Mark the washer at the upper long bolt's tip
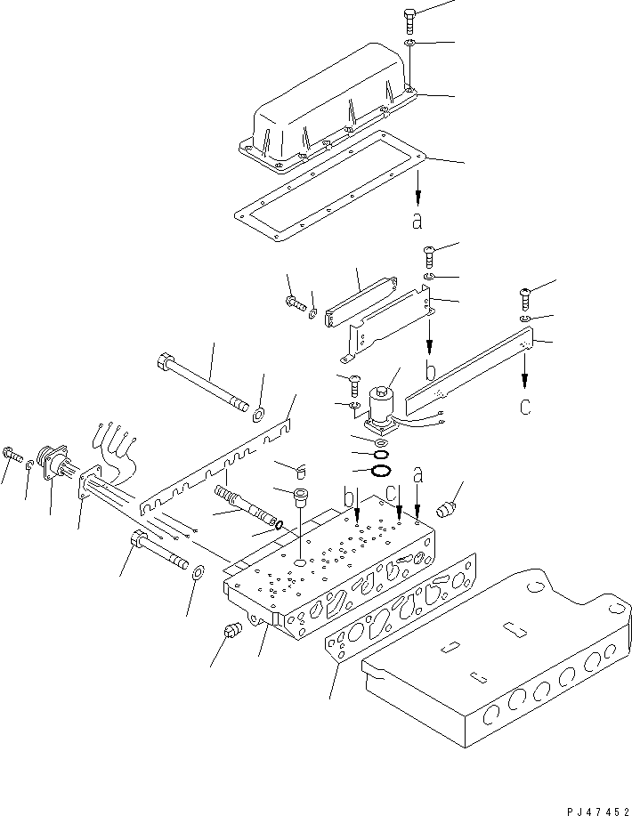(x=257, y=412)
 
